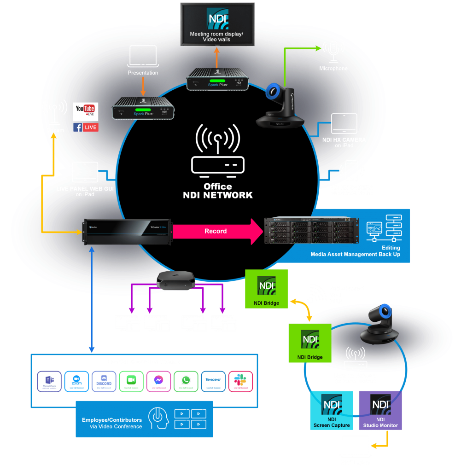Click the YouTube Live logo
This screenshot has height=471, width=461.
click(86, 111)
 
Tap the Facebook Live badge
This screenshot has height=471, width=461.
click(86, 127)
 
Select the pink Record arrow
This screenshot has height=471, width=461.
click(216, 231)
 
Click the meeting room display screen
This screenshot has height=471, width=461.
click(216, 24)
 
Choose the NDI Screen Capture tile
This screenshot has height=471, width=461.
click(332, 410)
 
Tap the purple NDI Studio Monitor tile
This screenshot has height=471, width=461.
click(380, 410)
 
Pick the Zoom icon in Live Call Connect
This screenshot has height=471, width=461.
click(76, 381)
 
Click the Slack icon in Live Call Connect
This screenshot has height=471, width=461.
click(240, 381)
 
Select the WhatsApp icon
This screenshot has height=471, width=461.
click(186, 381)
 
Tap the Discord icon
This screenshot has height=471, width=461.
click(104, 381)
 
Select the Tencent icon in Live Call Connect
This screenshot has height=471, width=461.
click(213, 381)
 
